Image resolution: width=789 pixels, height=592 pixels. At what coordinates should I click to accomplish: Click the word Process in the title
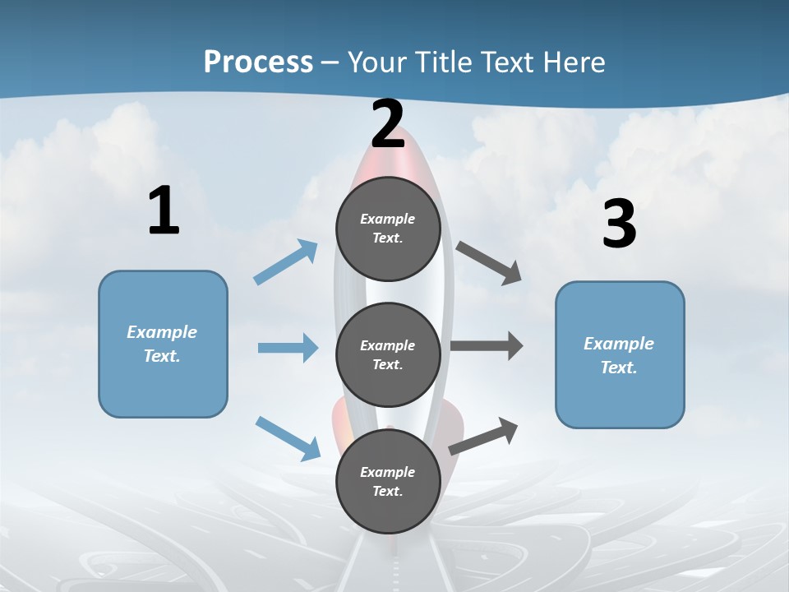tap(258, 62)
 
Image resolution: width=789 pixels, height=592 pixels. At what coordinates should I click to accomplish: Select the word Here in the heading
tap(574, 62)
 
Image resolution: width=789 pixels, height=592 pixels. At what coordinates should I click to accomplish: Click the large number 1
tap(164, 210)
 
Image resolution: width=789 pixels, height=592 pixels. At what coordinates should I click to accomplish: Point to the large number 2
tap(388, 124)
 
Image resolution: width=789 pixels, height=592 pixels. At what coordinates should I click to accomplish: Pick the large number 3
tap(620, 223)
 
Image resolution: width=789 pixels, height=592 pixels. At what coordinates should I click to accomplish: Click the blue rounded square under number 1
tap(163, 345)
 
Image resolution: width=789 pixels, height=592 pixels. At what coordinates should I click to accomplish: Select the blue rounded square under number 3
tap(620, 355)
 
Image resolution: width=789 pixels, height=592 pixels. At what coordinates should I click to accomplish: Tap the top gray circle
tap(388, 229)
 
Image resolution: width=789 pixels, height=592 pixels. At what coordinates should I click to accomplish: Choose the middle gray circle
tap(388, 355)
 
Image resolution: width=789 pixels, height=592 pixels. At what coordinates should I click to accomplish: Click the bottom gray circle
tap(388, 481)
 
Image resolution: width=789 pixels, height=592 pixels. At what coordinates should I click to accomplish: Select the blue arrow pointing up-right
tap(285, 262)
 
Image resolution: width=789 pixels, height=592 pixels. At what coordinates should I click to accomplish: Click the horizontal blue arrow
tap(288, 347)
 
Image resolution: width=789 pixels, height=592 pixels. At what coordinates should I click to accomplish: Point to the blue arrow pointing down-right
tap(288, 438)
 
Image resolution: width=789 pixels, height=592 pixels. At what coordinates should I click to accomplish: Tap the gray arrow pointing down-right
tap(488, 264)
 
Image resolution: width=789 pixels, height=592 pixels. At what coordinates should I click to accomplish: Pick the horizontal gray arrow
tap(487, 345)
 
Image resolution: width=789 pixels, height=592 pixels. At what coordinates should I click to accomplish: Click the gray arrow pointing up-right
tap(483, 436)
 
